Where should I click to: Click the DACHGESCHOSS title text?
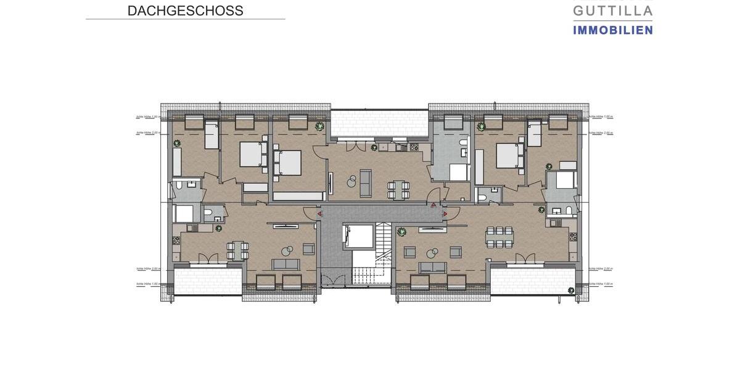click(x=185, y=10)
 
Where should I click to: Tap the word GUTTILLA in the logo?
click(x=612, y=10)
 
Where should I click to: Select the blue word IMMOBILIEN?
click(x=612, y=30)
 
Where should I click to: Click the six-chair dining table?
click(x=499, y=237)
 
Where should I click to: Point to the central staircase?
click(x=383, y=253)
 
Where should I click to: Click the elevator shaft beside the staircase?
click(x=360, y=237)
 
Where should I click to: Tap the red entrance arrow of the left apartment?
click(x=319, y=214)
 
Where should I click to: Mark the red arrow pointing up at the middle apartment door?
click(x=434, y=204)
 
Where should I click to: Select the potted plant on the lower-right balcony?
click(x=571, y=289)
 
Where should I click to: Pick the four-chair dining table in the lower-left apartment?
click(x=237, y=250)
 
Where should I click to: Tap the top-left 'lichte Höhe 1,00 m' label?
click(x=148, y=116)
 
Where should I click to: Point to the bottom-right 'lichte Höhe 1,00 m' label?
click(x=600, y=284)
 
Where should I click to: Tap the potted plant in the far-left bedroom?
click(x=177, y=143)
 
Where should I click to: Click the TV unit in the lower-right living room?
click(x=433, y=229)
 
